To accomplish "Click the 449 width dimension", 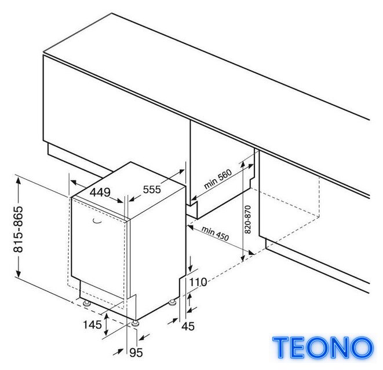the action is click(100, 193).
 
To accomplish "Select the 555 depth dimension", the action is click(152, 190).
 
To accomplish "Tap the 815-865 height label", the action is click(19, 229).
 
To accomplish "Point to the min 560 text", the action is click(218, 179).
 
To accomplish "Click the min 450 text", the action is click(215, 233).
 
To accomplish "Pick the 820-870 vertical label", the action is click(247, 219).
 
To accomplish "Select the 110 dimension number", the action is click(198, 282).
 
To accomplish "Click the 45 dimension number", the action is click(188, 327).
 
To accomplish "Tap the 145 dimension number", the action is click(92, 325).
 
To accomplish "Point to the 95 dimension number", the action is click(136, 353).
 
